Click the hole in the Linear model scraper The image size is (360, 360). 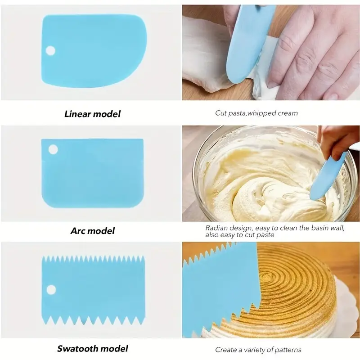pyautogui.click(x=50, y=50)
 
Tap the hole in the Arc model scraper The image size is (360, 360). pyautogui.click(x=53, y=149)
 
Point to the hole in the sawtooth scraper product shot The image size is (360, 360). pyautogui.click(x=51, y=289)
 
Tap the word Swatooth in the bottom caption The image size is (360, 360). pyautogui.click(x=79, y=348)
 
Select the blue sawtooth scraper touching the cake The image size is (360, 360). pyautogui.click(x=216, y=288)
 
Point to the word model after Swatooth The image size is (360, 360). pyautogui.click(x=115, y=348)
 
